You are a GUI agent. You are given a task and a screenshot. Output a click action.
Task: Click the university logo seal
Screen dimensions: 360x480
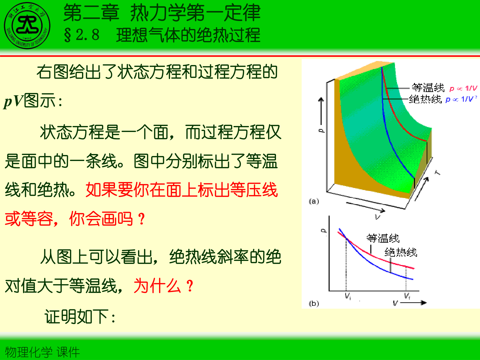[27, 26]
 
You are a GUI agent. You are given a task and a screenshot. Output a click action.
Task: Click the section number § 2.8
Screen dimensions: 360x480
[82, 35]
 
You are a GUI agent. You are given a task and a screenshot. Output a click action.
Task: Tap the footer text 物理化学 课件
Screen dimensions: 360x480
[42, 352]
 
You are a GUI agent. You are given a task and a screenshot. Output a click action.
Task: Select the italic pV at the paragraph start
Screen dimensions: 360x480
[14, 101]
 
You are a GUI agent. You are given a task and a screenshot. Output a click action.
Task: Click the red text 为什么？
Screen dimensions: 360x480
[163, 286]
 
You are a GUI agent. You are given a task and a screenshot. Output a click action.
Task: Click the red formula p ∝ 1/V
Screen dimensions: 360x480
[463, 89]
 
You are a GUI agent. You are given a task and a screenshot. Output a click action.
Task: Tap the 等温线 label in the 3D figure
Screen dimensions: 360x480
[428, 88]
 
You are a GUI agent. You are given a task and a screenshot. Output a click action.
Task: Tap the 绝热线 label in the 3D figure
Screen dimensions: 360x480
[425, 99]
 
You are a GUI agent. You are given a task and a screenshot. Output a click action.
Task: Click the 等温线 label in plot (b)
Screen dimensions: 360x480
[383, 238]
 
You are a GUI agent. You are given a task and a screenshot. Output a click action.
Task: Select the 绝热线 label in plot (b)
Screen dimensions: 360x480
[401, 252]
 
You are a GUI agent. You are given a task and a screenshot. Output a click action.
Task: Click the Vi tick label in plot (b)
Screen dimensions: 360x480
[348, 296]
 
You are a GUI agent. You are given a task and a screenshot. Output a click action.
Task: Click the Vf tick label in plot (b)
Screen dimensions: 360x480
[407, 296]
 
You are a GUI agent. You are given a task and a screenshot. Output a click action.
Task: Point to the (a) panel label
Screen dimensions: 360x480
[314, 201]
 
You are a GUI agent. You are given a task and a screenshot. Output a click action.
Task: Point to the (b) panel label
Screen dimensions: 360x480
[314, 303]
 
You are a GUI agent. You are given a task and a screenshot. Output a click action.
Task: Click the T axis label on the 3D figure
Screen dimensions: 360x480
[438, 172]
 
